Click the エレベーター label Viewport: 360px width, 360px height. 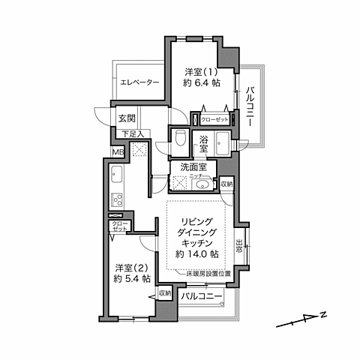(137, 83)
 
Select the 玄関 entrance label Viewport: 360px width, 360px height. (126, 118)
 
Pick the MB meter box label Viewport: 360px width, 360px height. (117, 151)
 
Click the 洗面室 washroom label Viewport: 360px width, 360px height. (193, 167)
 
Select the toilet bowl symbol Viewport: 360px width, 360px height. (178, 138)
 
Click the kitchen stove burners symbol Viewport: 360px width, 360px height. (118, 199)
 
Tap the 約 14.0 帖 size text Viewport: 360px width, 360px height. (197, 254)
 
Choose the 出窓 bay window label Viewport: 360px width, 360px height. (239, 245)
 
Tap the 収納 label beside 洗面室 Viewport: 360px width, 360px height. (226, 184)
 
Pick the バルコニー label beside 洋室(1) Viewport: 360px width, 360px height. (248, 106)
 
